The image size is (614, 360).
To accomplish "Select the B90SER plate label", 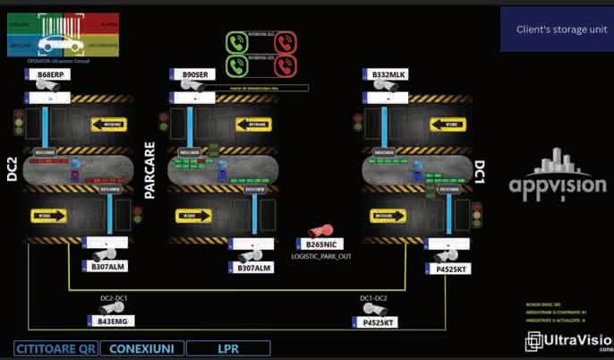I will [x=197, y=75].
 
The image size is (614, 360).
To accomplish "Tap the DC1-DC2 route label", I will [x=374, y=298].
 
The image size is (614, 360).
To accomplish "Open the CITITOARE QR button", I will [x=55, y=347].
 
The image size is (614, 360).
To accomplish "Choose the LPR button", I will [x=227, y=347].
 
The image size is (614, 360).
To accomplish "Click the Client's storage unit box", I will [x=556, y=30].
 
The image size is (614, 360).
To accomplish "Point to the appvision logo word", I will [x=550, y=184].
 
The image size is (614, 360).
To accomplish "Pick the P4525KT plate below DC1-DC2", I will [x=380, y=322].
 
